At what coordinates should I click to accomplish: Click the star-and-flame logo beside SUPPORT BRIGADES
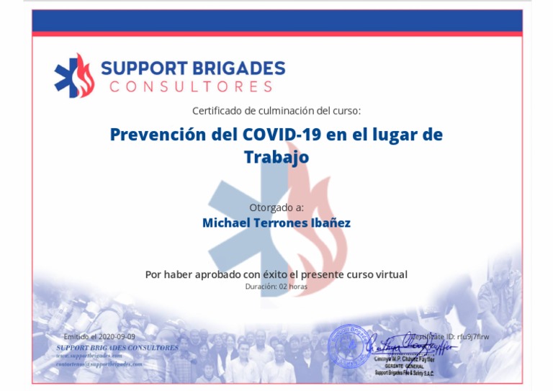click(x=74, y=76)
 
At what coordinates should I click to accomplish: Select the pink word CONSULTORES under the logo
click(x=191, y=87)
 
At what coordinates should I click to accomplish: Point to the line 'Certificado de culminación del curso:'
click(x=276, y=111)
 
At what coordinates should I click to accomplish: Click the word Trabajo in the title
click(x=276, y=156)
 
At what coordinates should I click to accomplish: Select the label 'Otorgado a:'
click(x=276, y=207)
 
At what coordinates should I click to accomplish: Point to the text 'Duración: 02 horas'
click(x=276, y=287)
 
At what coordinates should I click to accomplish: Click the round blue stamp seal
click(x=349, y=344)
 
